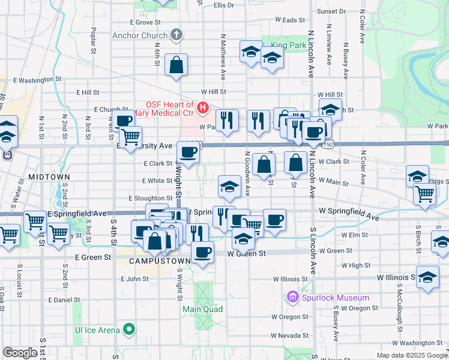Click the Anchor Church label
tap(140, 35)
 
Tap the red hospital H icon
tap(203, 108)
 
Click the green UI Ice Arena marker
tap(128, 329)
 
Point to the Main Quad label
tap(203, 310)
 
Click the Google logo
tap(20, 352)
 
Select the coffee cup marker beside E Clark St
tap(188, 153)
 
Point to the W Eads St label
tap(294, 20)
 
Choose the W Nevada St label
tap(289, 335)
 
